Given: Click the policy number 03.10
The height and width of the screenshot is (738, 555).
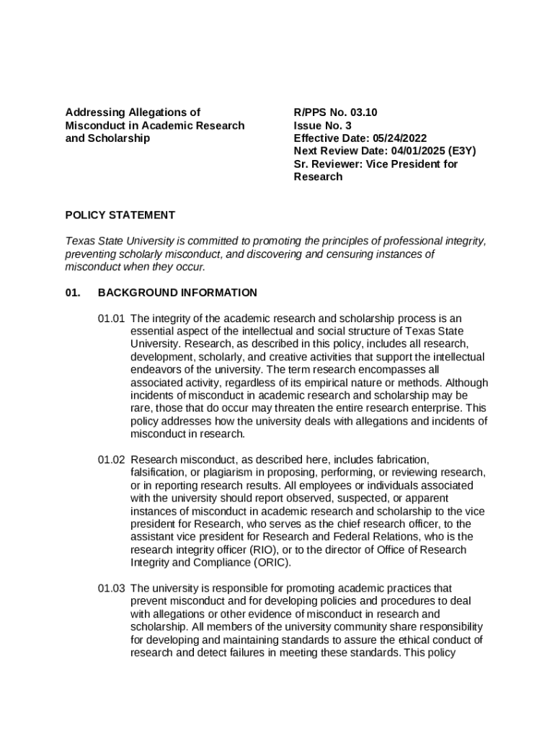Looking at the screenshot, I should pos(364,112).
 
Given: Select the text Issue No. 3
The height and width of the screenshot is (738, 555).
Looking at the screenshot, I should pos(322,125).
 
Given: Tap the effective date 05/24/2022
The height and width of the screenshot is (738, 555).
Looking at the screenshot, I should pos(400,138).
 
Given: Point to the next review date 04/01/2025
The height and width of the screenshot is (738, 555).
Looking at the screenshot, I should pos(418,151).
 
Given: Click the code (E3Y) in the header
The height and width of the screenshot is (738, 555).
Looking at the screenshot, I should pos(462,151).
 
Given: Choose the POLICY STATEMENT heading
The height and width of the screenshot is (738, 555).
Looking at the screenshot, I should pos(120,215).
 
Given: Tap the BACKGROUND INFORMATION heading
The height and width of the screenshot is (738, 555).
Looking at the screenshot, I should pos(177,293).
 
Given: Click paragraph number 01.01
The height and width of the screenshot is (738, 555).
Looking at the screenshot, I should pos(112,319).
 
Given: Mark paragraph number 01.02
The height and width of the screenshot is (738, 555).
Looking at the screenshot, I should pos(112,459).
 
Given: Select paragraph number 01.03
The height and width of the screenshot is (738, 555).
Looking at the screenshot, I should pos(112,588).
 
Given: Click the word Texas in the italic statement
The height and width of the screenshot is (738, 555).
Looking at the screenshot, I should pos(79,241).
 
